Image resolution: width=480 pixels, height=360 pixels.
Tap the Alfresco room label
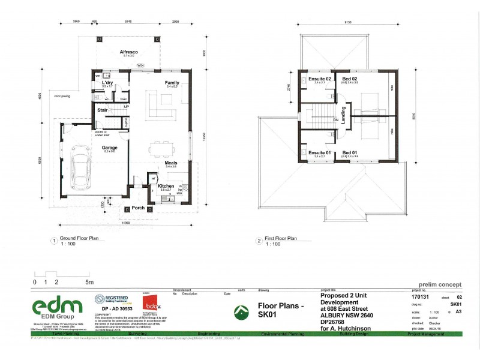[129, 52]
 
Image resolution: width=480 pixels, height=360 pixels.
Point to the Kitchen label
[166, 186]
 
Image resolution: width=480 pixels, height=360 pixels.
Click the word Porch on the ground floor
[139, 208]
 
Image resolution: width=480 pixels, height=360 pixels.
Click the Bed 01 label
[350, 152]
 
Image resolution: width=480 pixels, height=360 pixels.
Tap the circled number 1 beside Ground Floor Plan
[54, 241]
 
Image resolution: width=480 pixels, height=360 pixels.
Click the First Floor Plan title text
[281, 238]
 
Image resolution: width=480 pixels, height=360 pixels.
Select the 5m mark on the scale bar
[89, 281]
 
